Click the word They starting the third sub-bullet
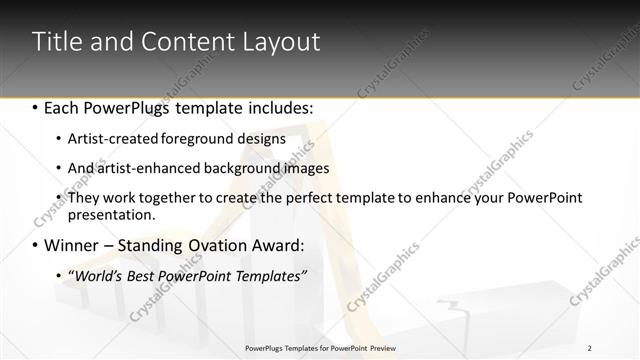pyautogui.click(x=85, y=199)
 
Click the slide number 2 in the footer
pyautogui.click(x=589, y=348)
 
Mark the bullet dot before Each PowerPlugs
pyautogui.click(x=36, y=107)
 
